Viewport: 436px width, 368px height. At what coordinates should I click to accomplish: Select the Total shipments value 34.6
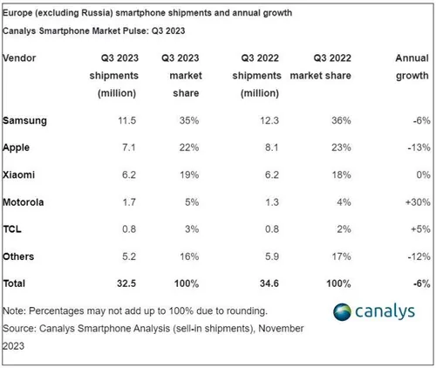(268, 284)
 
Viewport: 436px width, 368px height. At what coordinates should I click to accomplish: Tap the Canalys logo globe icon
(319, 312)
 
